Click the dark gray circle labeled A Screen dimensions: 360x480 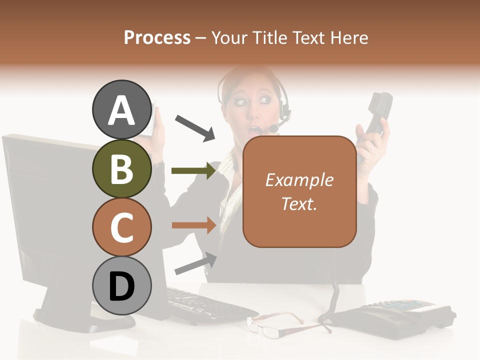[121, 110]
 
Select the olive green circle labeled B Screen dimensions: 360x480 [121, 168]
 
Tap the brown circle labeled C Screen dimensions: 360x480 [121, 227]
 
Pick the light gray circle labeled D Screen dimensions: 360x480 [121, 285]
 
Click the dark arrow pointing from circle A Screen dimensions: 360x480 [195, 127]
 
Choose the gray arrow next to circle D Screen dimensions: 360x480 [195, 263]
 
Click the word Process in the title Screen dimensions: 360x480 [157, 38]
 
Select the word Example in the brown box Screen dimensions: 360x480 [299, 180]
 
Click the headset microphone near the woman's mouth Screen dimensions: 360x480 [274, 129]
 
